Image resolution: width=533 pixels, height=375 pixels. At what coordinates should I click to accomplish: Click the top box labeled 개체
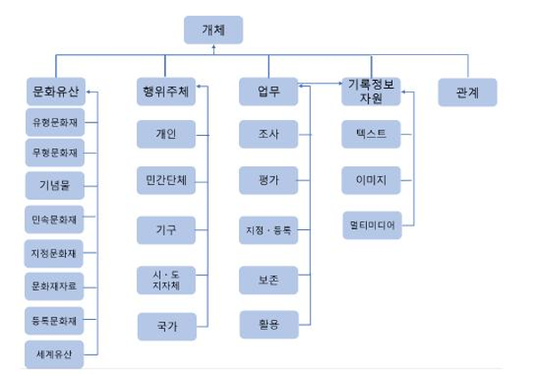(213, 29)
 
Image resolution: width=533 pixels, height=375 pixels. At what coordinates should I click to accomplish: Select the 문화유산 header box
(55, 91)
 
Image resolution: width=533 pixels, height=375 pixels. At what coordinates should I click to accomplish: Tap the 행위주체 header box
(165, 91)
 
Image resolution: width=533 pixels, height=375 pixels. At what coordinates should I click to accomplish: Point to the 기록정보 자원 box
(370, 91)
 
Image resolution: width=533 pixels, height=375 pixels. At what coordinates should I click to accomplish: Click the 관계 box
(467, 92)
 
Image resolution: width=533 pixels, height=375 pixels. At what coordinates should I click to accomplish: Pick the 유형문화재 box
(55, 121)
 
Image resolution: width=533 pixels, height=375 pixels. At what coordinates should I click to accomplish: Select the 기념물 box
(55, 185)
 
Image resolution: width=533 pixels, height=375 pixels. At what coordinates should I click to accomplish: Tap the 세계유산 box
(55, 354)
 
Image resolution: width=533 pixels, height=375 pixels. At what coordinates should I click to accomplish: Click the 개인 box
(165, 135)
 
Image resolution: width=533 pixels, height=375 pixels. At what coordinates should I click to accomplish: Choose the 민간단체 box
(165, 178)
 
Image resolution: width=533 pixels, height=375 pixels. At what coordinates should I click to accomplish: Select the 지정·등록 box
(268, 230)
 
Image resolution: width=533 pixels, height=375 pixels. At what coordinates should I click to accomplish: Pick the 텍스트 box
(370, 135)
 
